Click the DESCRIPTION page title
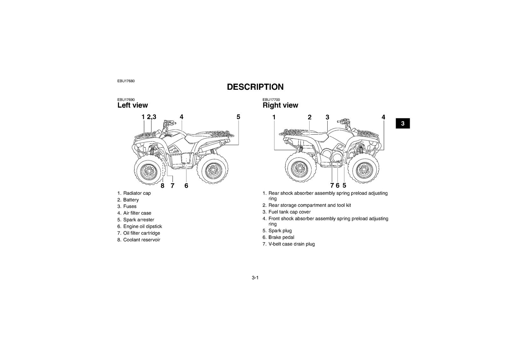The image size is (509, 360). pyautogui.click(x=255, y=87)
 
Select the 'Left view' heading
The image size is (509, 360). pyautogui.click(x=132, y=105)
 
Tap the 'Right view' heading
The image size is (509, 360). pyautogui.click(x=280, y=105)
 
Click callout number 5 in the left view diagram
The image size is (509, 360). pyautogui.click(x=238, y=117)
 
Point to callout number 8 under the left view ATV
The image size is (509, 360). pyautogui.click(x=162, y=186)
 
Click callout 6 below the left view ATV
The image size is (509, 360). pyautogui.click(x=186, y=186)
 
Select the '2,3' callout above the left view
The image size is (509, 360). pyautogui.click(x=151, y=117)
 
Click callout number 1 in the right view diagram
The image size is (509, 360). pyautogui.click(x=274, y=117)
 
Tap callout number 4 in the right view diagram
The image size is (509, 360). pyautogui.click(x=383, y=117)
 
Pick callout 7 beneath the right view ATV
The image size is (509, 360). pyautogui.click(x=332, y=186)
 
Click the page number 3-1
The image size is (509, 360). pyautogui.click(x=255, y=278)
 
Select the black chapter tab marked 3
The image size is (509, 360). pyautogui.click(x=403, y=123)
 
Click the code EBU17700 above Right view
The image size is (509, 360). pyautogui.click(x=271, y=100)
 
